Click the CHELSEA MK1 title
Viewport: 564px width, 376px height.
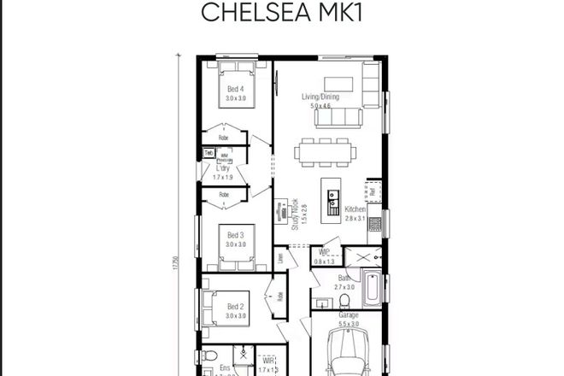[282, 14]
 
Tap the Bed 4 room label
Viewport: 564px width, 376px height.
[235, 89]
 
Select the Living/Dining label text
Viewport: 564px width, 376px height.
[320, 97]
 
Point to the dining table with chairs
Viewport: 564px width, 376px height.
[324, 152]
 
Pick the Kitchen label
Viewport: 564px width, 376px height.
[355, 209]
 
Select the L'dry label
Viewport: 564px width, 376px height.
[223, 169]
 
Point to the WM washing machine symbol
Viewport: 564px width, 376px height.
[225, 156]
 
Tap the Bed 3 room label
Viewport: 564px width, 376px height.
[235, 235]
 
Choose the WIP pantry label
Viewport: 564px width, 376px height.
[325, 253]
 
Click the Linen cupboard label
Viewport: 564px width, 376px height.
[279, 257]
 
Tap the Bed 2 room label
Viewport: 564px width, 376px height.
[237, 307]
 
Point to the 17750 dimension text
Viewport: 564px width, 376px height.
[173, 263]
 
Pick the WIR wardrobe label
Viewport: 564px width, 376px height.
[267, 361]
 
